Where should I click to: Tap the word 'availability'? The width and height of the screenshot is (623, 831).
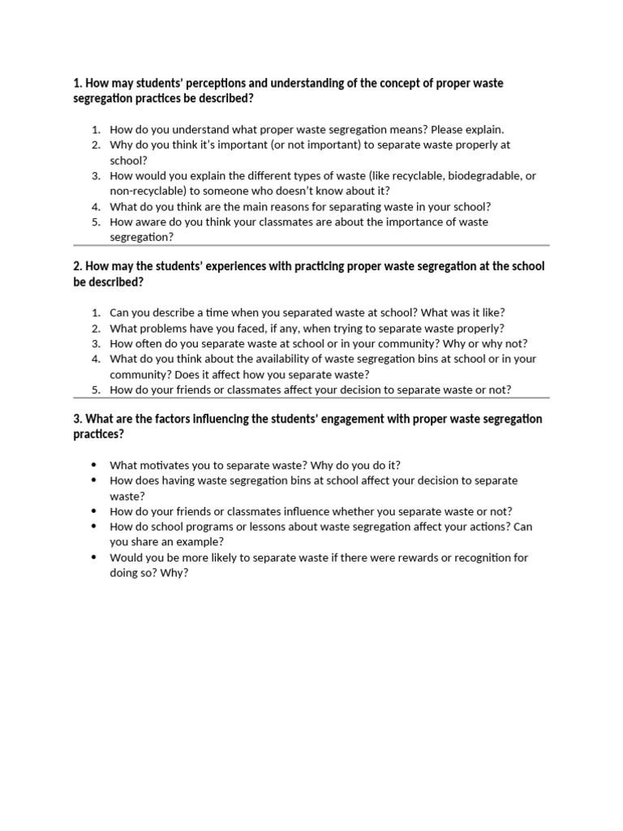point(263,359)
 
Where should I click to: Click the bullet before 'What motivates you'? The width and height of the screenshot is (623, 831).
point(95,465)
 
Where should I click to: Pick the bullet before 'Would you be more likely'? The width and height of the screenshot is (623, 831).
point(95,558)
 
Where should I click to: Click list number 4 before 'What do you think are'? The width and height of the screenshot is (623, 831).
point(95,206)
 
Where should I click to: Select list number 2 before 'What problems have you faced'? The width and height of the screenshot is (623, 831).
point(95,328)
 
